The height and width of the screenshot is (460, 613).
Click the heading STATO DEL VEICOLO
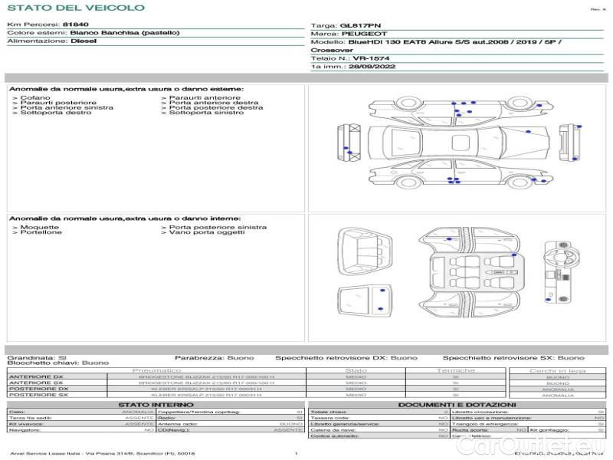(75, 8)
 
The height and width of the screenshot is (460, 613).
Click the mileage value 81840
(77, 25)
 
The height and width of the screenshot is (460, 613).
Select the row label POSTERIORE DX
(37, 389)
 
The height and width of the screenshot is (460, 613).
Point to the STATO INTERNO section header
(156, 404)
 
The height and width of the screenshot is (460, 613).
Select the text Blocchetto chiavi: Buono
(57, 363)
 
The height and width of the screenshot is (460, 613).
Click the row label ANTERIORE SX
(36, 383)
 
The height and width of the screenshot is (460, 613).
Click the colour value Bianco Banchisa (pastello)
(125, 33)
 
